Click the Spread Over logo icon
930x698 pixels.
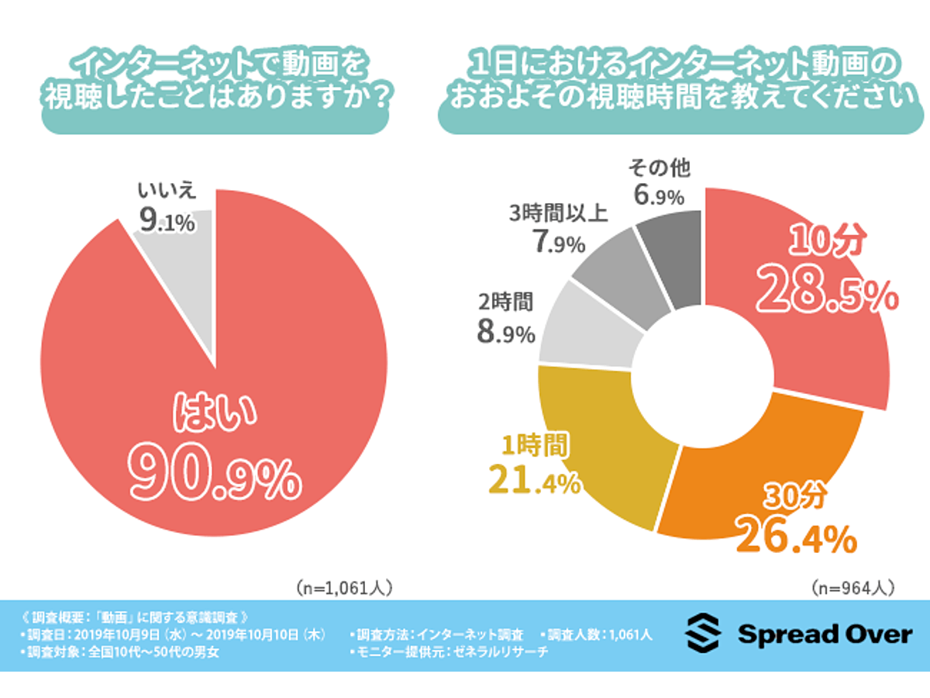click(x=702, y=634)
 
